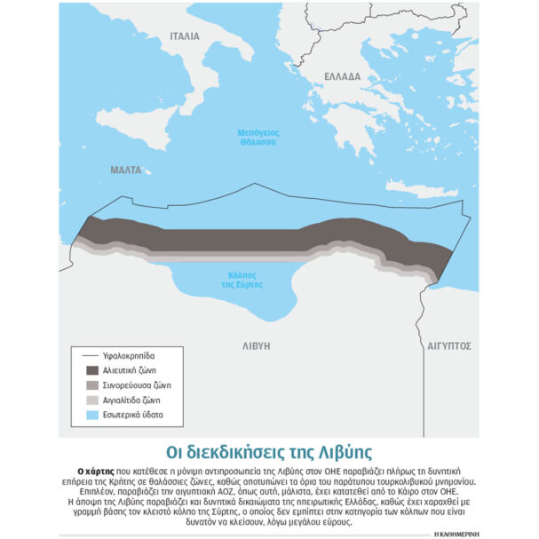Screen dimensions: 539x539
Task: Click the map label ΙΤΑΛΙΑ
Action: pyautogui.click(x=186, y=36)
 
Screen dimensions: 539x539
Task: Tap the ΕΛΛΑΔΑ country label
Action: pyautogui.click(x=342, y=76)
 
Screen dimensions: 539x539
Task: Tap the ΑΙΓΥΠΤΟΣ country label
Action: pyautogui.click(x=448, y=345)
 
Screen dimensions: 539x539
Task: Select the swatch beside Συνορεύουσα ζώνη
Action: pyautogui.click(x=92, y=385)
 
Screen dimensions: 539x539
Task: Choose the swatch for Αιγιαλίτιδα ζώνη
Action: pyautogui.click(x=92, y=400)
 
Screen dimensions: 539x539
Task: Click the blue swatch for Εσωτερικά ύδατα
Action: pyautogui.click(x=92, y=416)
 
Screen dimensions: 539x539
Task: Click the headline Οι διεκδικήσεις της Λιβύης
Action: pyautogui.click(x=269, y=450)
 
